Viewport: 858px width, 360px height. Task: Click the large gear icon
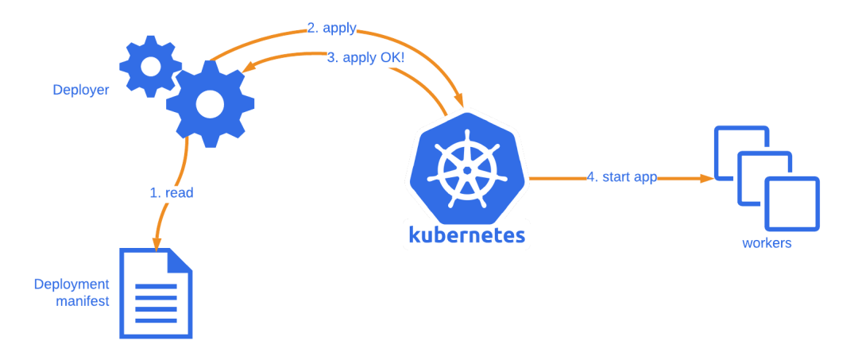tap(210, 103)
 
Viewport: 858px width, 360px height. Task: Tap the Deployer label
tap(80, 90)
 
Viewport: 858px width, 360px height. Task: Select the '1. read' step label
tap(172, 192)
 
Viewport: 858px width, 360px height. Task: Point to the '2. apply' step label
tap(332, 29)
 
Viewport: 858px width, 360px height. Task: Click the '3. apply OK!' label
tap(365, 58)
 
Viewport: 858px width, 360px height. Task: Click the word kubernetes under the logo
tap(466, 235)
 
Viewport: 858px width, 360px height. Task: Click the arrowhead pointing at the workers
tap(706, 179)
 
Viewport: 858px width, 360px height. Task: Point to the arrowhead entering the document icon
tap(157, 242)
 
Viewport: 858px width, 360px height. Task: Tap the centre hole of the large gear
tap(210, 103)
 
